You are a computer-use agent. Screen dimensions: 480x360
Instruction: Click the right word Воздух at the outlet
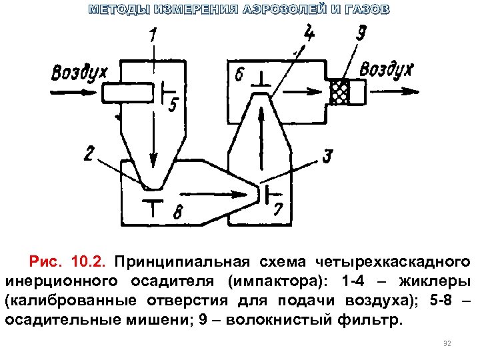(x=387, y=69)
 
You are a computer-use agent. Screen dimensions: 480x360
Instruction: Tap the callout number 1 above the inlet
(x=154, y=37)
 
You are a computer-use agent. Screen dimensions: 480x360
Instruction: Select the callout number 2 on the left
(x=89, y=153)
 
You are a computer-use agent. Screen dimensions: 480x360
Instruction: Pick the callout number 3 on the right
(x=327, y=157)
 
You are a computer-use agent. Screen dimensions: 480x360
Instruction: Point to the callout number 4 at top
(x=310, y=31)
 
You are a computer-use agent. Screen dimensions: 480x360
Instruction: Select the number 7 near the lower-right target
(x=278, y=209)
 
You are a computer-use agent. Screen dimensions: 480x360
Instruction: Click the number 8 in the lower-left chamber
(x=177, y=213)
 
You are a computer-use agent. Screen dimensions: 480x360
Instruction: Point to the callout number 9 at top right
(x=361, y=33)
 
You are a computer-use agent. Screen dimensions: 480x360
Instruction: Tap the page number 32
(x=447, y=344)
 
